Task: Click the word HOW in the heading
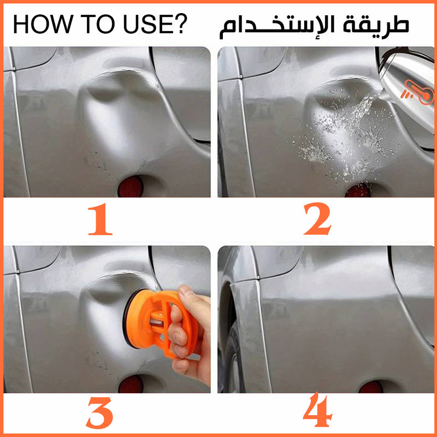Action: click(43, 24)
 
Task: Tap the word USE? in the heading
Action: click(155, 24)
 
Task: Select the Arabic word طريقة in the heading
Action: click(376, 25)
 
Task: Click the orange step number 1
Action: click(100, 219)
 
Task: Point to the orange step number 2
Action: click(317, 219)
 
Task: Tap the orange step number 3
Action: click(99, 413)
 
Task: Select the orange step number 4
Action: click(318, 410)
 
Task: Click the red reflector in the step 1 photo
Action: click(131, 186)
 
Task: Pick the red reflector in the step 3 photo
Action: click(131, 384)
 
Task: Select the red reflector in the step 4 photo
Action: click(371, 387)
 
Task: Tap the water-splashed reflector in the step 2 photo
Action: click(358, 191)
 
